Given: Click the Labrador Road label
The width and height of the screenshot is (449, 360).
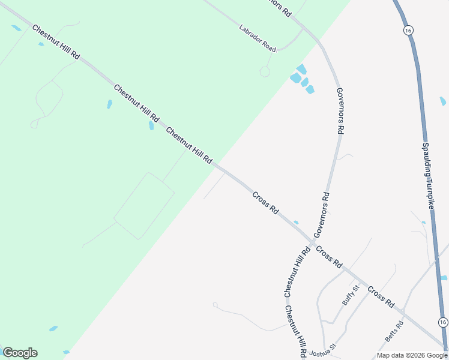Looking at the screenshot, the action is click(258, 38).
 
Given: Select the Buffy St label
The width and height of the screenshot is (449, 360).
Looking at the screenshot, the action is click(351, 295).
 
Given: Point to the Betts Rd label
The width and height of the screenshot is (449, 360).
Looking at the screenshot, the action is click(394, 331).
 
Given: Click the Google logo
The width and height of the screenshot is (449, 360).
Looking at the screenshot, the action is click(20, 353).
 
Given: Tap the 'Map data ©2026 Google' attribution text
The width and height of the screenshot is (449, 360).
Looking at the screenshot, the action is click(412, 355).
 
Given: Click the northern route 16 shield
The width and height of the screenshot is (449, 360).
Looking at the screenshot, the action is click(408, 30).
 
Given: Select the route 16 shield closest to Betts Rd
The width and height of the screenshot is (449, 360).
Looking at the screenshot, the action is click(442, 322).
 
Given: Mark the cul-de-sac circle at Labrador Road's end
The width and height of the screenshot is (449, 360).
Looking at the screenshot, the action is click(265, 71).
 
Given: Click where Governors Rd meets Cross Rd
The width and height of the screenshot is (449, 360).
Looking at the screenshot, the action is click(312, 242).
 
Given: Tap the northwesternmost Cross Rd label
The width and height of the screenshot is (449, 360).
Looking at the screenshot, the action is click(265, 203).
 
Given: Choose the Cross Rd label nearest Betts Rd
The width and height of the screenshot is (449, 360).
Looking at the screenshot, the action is click(381, 297).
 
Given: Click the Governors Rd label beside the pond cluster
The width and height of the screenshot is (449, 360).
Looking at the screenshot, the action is click(340, 110).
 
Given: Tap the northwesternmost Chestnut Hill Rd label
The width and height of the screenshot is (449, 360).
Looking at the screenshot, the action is click(56, 41).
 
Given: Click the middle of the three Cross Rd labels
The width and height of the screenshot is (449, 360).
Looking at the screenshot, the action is click(329, 257).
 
